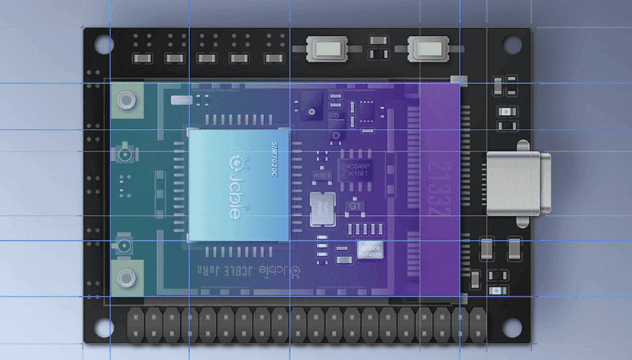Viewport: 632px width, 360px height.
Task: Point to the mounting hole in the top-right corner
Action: point(512,45)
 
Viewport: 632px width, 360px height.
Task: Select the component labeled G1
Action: point(356,206)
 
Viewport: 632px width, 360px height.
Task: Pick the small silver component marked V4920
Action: point(372,249)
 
